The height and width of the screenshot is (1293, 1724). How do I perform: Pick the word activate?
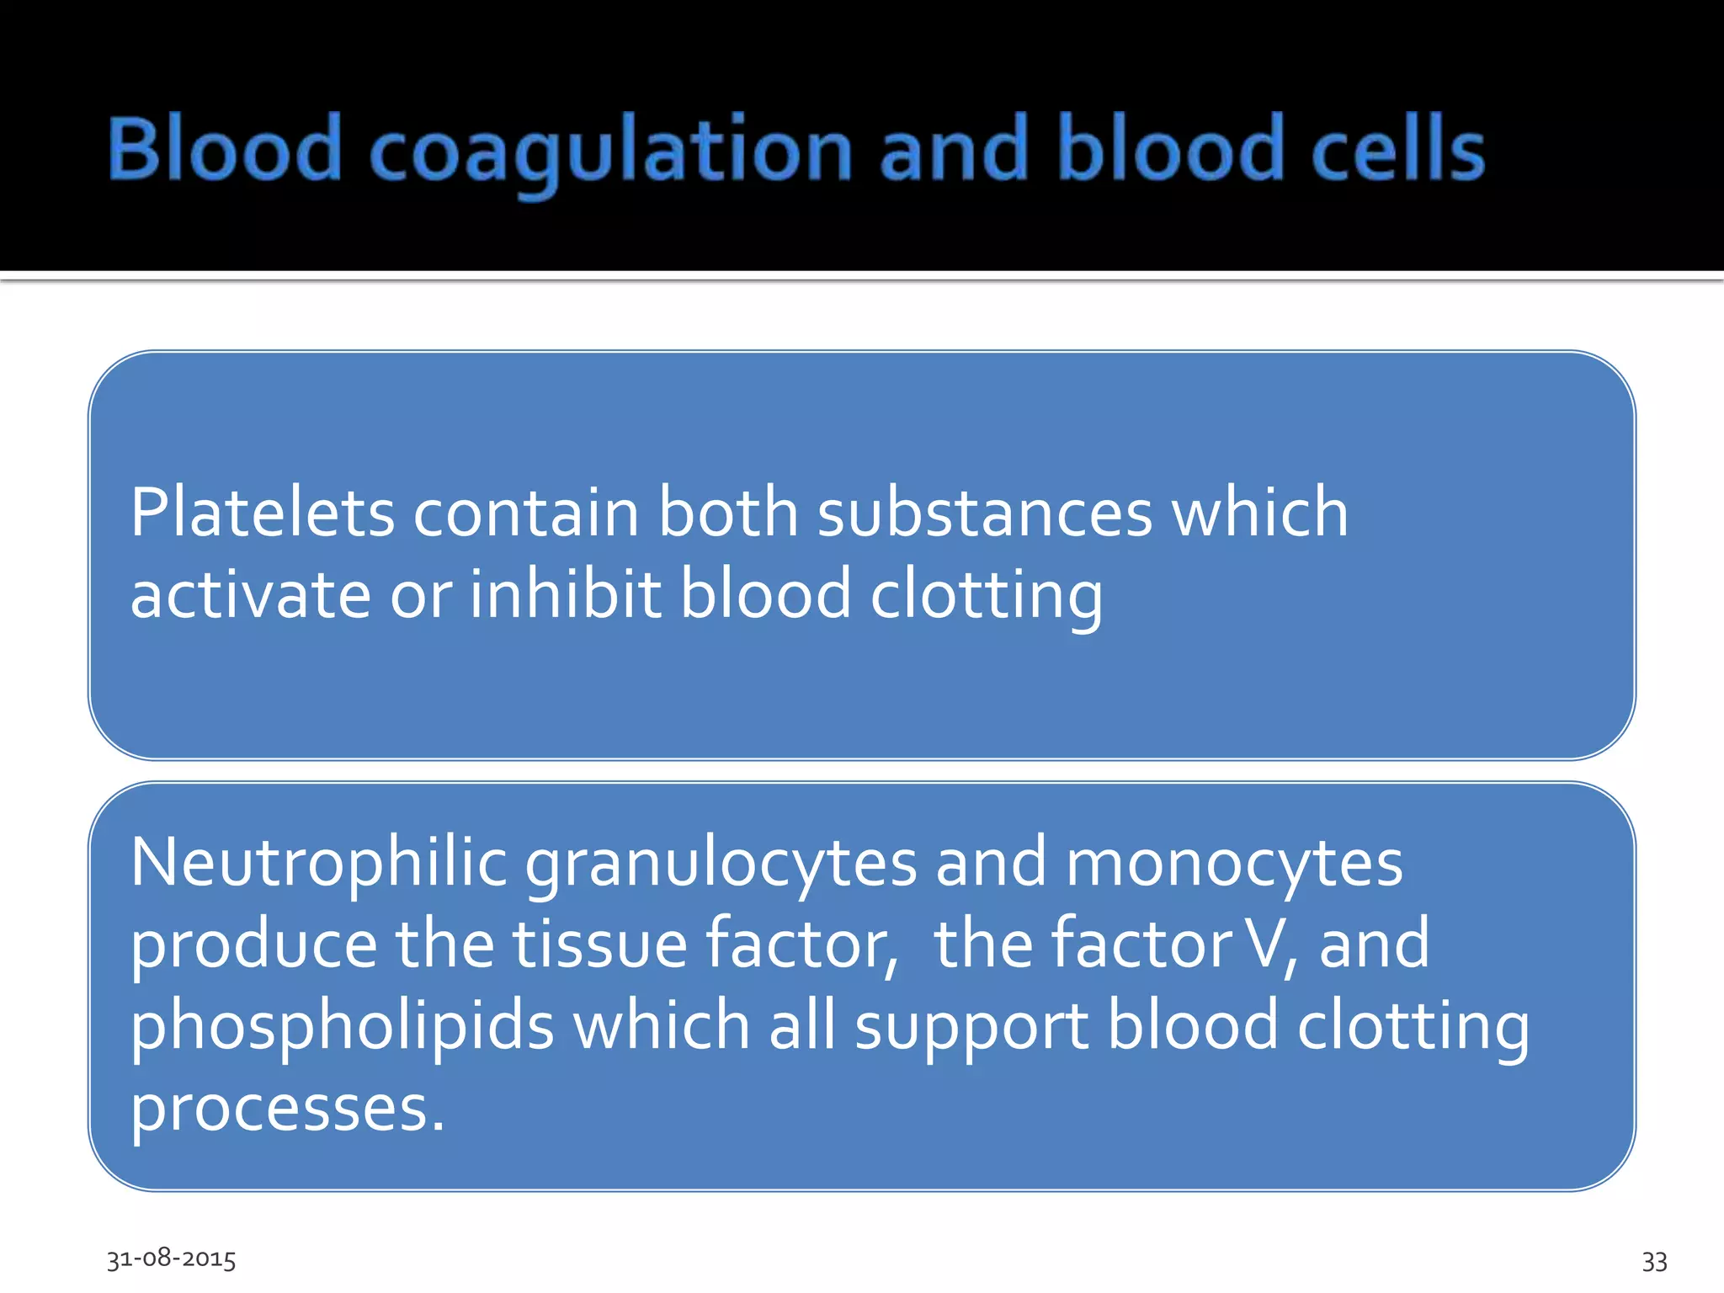tap(251, 593)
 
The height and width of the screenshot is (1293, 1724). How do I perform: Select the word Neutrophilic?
tap(319, 863)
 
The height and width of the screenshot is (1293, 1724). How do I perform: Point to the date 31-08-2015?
tap(171, 1258)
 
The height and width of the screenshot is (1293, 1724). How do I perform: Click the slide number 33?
tap(1654, 1261)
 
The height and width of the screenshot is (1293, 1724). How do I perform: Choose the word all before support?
tap(802, 1025)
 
